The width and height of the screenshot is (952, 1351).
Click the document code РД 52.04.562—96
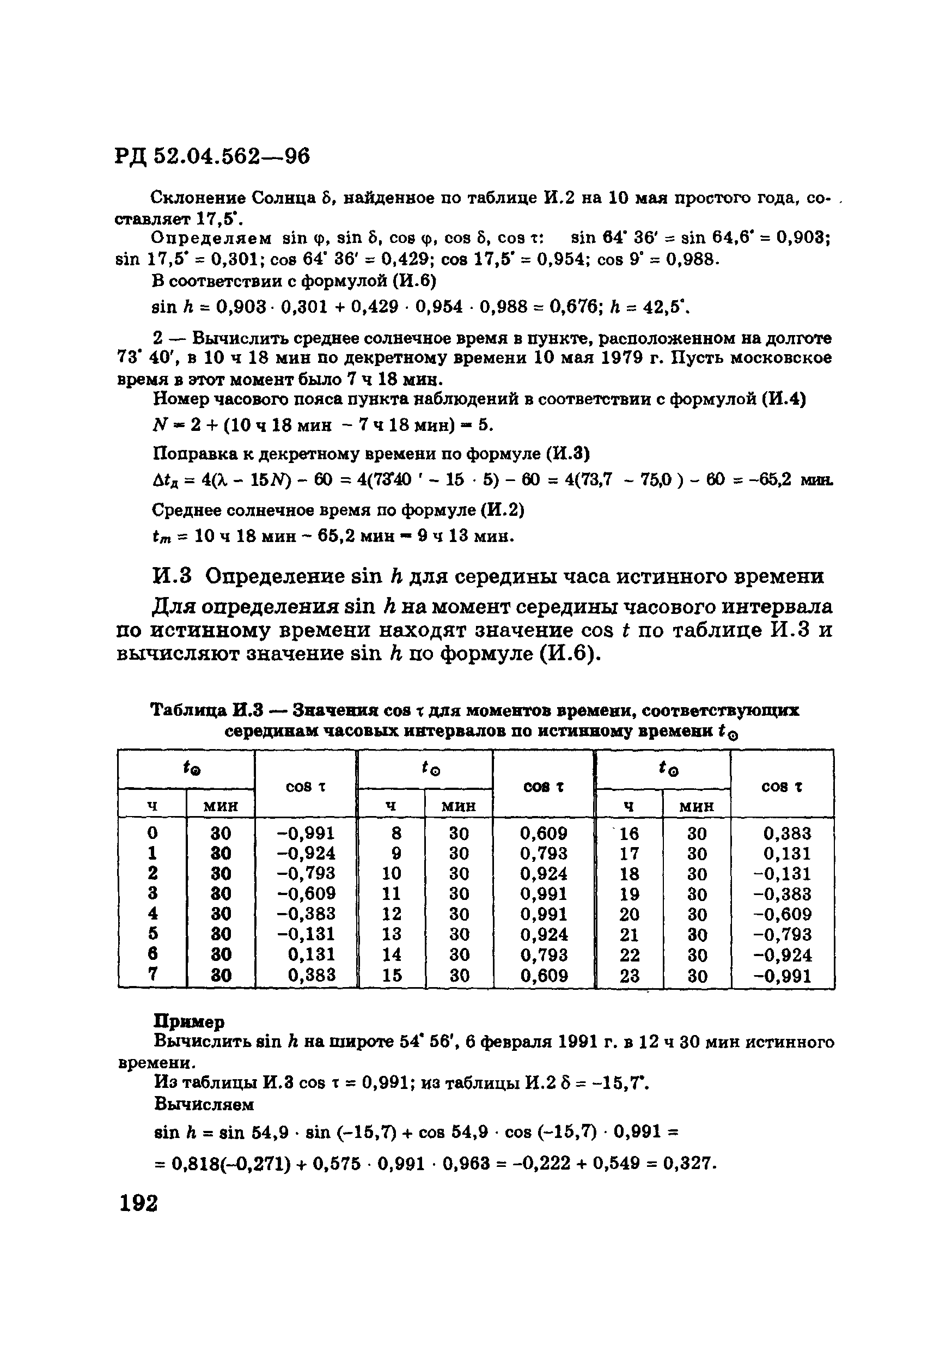point(212,156)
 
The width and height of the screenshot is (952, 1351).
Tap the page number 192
point(138,1203)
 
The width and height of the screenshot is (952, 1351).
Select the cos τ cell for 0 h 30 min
point(306,833)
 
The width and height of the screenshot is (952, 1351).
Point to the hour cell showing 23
point(629,976)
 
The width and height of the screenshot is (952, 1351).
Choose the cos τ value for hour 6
point(312,954)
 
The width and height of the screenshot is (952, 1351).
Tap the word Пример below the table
point(189,1021)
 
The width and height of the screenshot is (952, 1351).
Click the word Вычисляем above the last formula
point(204,1104)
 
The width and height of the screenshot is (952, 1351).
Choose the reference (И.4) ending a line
point(784,399)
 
